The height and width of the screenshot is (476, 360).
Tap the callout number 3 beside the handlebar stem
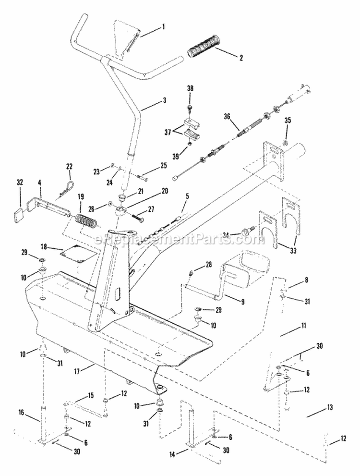(x=164, y=101)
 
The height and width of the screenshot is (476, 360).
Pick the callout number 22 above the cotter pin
(x=69, y=166)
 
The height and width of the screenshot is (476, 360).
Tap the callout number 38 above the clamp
(x=190, y=88)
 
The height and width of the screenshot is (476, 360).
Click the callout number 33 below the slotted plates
(x=291, y=248)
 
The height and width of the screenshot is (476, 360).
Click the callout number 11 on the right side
(x=304, y=326)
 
